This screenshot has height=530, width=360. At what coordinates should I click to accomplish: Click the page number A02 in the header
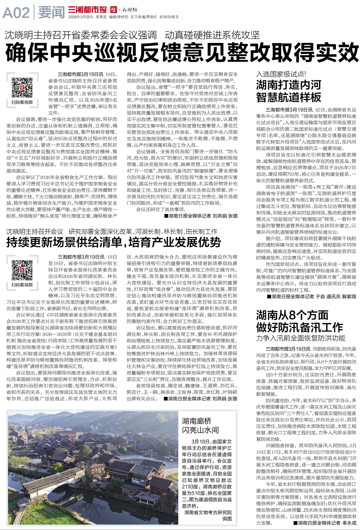point(16,13)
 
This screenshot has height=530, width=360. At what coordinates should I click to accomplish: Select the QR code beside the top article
point(22,87)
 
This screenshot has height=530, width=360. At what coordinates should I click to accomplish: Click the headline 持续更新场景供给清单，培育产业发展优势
point(113,242)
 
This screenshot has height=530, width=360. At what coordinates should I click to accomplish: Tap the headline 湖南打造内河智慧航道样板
point(288,91)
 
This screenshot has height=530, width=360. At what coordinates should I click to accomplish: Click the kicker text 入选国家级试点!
point(281,74)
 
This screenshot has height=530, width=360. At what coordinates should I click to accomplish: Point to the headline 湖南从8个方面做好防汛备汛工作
point(299,321)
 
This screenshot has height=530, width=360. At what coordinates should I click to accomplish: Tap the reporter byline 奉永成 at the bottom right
point(349,523)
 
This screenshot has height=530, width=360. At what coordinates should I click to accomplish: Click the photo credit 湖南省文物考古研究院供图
point(208,515)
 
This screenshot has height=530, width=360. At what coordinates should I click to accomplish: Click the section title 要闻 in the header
point(51,13)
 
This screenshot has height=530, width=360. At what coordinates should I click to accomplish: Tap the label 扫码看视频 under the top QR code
point(22,102)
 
